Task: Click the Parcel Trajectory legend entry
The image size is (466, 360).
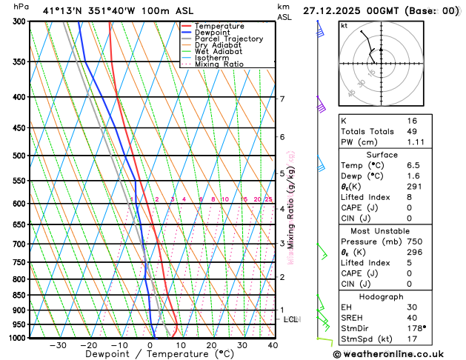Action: (x=228, y=39)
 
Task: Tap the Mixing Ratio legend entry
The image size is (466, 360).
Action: (x=219, y=64)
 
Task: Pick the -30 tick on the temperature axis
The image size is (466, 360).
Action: (x=58, y=345)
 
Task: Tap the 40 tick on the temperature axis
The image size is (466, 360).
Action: (x=273, y=345)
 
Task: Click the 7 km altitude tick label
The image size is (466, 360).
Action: (x=282, y=99)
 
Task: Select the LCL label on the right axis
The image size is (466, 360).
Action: (x=290, y=319)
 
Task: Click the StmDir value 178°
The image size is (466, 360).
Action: (x=416, y=328)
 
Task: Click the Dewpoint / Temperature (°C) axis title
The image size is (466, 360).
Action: (x=150, y=355)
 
